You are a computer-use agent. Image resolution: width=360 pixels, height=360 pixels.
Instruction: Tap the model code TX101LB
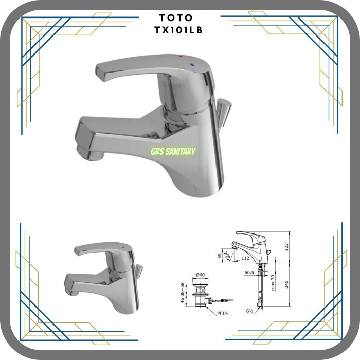pyautogui.click(x=180, y=30)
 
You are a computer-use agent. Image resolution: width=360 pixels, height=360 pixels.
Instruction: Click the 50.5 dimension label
pyautogui.click(x=250, y=272)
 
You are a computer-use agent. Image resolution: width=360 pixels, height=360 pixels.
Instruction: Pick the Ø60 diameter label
pyautogui.click(x=201, y=276)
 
